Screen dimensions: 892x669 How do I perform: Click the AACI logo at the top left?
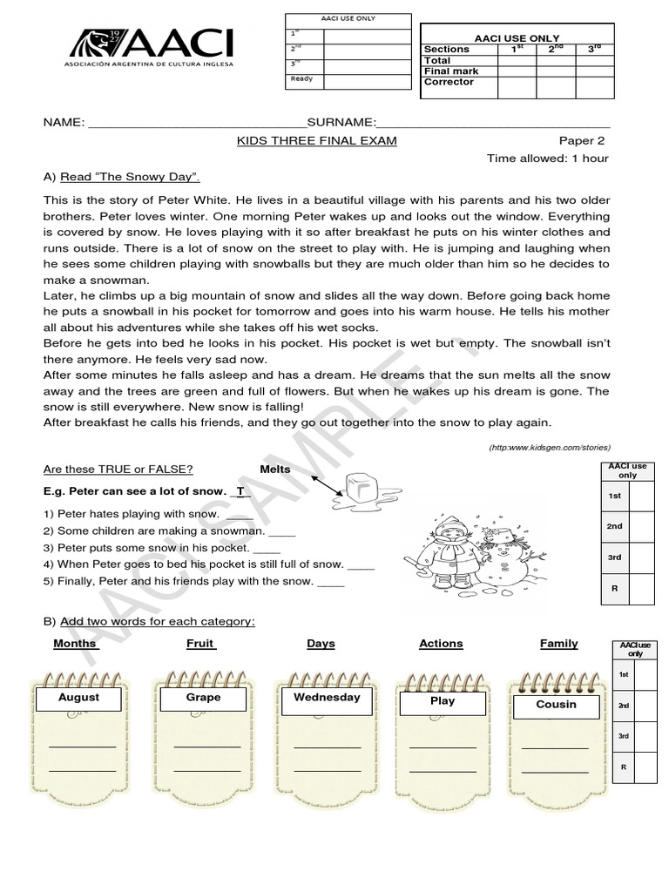pyautogui.click(x=151, y=47)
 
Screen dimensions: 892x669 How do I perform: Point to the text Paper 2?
pyautogui.click(x=581, y=140)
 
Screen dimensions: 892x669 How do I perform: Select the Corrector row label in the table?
pyautogui.click(x=449, y=82)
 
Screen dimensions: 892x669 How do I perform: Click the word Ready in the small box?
pyautogui.click(x=301, y=78)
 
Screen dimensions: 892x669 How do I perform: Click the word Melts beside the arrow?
pyautogui.click(x=275, y=470)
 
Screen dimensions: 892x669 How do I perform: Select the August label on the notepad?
pyautogui.click(x=79, y=698)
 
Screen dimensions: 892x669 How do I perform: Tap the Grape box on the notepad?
pyautogui.click(x=203, y=698)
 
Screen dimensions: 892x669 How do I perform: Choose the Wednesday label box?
pyautogui.click(x=327, y=698)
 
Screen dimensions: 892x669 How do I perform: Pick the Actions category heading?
pyautogui.click(x=441, y=644)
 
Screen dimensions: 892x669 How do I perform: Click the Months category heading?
pyautogui.click(x=76, y=644)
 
